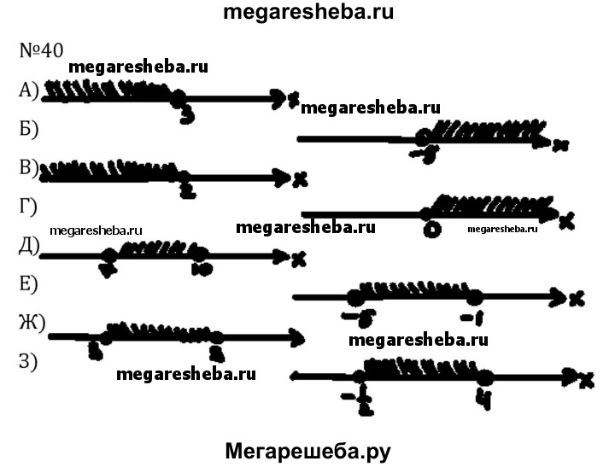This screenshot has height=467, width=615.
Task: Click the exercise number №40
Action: click(40, 50)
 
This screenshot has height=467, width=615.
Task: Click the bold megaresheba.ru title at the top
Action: click(307, 13)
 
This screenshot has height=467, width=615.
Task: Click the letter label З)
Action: click(29, 361)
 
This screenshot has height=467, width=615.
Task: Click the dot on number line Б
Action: click(423, 138)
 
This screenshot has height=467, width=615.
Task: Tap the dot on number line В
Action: click(183, 178)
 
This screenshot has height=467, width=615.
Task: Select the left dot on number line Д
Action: click(108, 255)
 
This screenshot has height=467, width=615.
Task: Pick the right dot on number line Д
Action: click(198, 254)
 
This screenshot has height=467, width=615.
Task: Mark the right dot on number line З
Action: click(485, 377)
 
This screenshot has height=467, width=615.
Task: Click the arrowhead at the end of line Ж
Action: click(297, 338)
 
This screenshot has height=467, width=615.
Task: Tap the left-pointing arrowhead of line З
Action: click(296, 375)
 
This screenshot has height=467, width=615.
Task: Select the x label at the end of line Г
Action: click(566, 221)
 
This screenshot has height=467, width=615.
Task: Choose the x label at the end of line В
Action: click(299, 179)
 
